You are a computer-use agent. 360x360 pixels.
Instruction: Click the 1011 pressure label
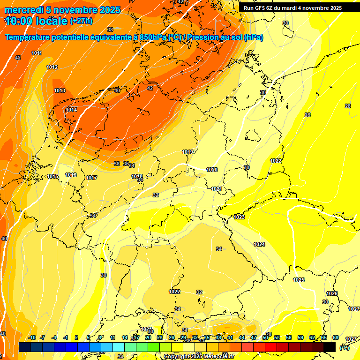pos(37,53)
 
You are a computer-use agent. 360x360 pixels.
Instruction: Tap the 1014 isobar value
pos(71,110)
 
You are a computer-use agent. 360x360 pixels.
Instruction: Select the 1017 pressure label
pos(91,178)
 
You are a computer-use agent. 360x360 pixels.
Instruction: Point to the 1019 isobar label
pos(188,152)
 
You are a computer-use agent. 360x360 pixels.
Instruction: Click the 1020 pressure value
pos(212,170)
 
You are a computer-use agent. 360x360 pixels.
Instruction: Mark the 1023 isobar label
pos(240,217)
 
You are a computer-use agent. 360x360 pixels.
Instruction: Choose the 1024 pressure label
pos(259,244)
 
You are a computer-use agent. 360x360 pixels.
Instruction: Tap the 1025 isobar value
pos(299,280)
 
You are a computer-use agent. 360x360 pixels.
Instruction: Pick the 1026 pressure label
pos(332,293)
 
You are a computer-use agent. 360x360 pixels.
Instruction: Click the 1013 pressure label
pos(60,90)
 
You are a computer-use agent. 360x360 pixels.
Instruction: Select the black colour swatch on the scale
pos(330,347)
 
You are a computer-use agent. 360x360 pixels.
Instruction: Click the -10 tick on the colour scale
pos(32,337)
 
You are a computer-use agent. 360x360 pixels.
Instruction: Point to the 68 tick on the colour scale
pos(336,337)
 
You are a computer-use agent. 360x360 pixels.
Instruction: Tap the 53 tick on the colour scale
pos(277,337)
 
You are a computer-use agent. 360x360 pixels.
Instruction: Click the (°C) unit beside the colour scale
pos(345,348)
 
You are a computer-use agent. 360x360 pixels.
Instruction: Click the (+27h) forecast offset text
pos(81,21)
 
